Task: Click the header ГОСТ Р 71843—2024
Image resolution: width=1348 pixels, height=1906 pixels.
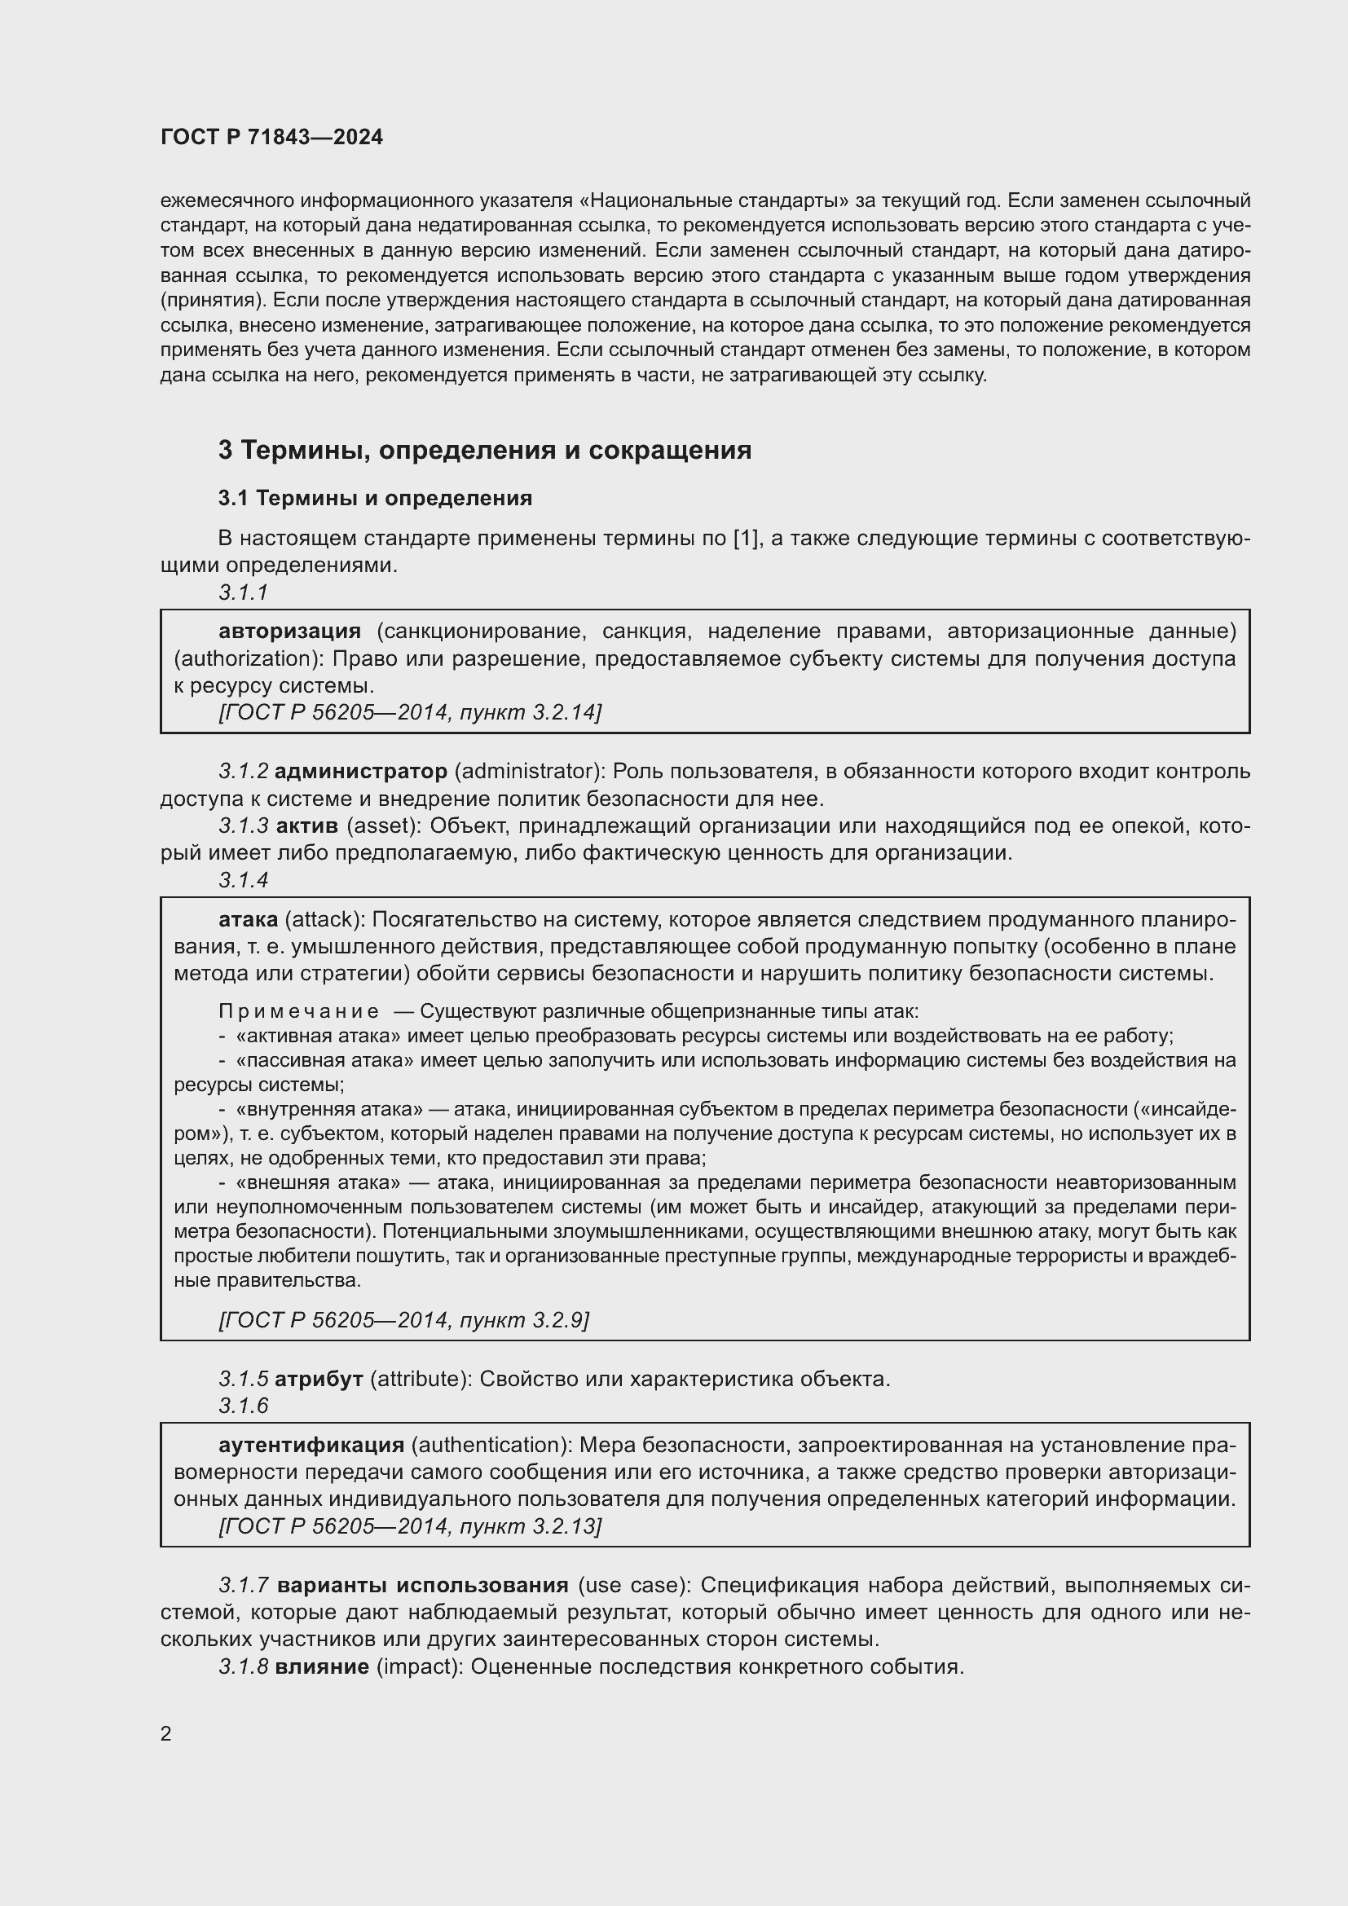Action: [271, 137]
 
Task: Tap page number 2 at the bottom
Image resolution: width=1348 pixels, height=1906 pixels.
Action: [166, 1733]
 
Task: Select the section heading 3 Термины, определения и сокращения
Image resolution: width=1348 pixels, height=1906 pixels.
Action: [484, 450]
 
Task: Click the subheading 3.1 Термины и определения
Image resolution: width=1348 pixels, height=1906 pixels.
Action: [374, 498]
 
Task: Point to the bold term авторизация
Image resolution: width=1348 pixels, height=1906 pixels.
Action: [289, 632]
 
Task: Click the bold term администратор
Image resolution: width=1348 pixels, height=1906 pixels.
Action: [360, 771]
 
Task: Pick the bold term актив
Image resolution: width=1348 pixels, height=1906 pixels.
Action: [306, 826]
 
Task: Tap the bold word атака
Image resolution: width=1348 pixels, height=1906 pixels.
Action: [248, 919]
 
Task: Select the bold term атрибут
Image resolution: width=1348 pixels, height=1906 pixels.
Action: [318, 1379]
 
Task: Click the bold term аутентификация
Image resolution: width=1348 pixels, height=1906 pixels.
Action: [311, 1446]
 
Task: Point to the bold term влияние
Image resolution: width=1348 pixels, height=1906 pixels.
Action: [321, 1666]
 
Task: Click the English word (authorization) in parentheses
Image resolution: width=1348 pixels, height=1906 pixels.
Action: [240, 659]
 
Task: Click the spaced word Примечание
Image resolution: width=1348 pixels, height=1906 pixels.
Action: [299, 1011]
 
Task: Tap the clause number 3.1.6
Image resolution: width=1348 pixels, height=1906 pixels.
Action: [243, 1406]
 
